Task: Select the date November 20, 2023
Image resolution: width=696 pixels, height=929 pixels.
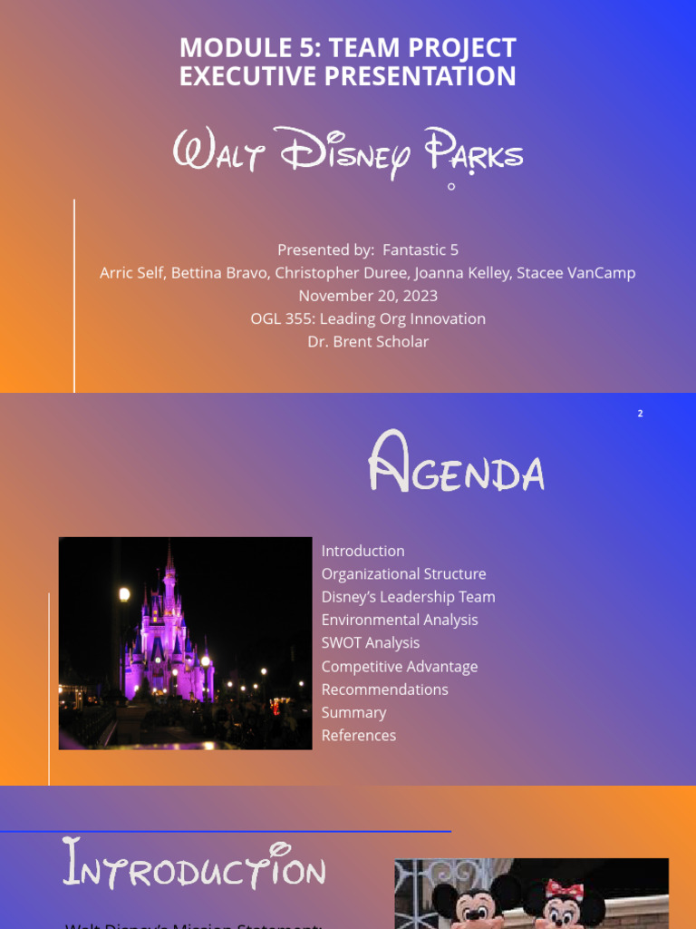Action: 368,296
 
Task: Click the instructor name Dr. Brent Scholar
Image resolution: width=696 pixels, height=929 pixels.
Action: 368,342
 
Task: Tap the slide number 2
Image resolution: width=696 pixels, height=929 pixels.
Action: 640,414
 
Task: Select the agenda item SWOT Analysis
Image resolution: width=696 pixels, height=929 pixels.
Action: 371,643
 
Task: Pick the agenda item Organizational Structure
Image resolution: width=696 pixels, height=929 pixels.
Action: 403,574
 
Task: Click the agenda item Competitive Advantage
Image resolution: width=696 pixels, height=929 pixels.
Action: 400,667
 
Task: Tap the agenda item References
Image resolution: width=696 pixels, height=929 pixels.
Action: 359,736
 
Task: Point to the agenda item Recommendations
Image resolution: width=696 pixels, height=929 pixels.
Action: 384,689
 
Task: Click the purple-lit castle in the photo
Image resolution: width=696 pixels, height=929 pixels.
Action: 169,635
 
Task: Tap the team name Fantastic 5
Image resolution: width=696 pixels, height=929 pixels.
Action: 420,249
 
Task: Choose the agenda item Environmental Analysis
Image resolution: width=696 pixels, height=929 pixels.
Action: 400,621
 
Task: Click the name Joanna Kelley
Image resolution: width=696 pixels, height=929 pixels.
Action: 462,273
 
